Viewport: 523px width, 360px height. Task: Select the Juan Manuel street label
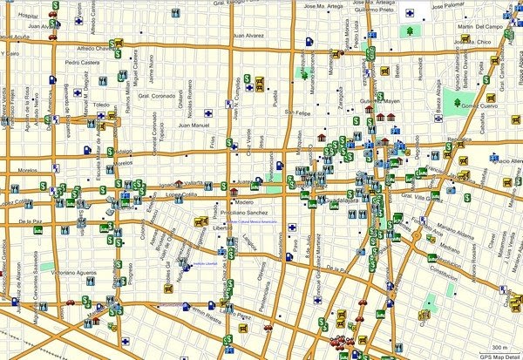tap(195, 126)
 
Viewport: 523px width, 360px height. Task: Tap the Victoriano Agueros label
tap(68, 273)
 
